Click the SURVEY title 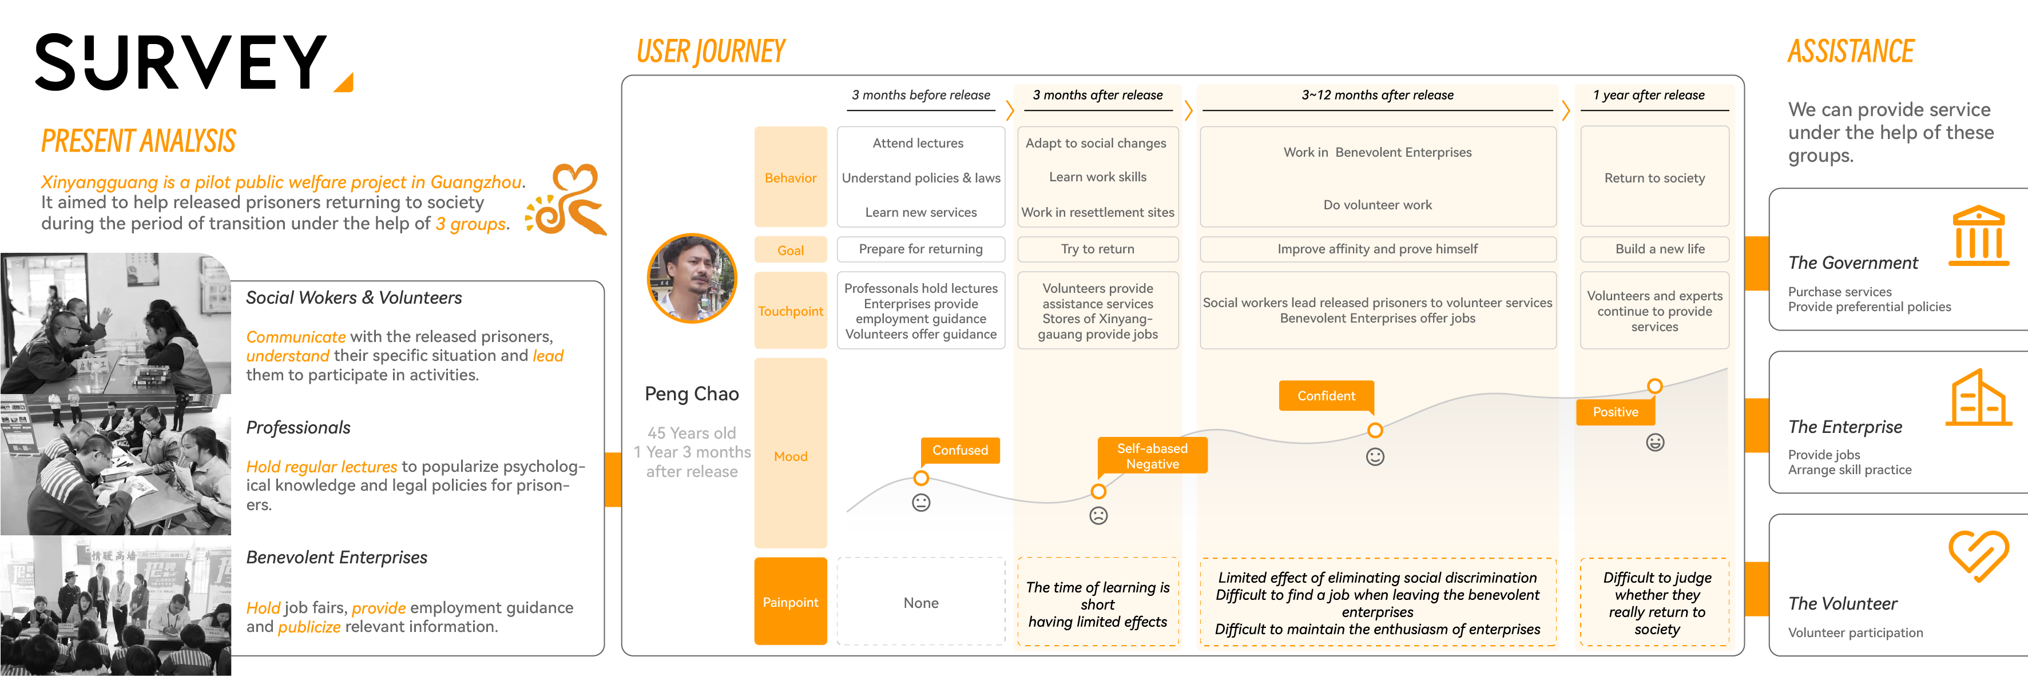(181, 62)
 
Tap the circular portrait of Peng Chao (692, 278)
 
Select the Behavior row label (791, 178)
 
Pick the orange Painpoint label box (791, 602)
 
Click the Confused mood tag (960, 450)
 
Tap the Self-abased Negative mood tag (1152, 456)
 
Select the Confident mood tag (1325, 396)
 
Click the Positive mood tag (1615, 412)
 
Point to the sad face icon (1098, 515)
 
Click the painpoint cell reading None (920, 603)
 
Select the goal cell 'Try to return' (1097, 249)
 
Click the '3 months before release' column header (920, 95)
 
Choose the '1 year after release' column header (1649, 95)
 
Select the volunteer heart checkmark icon (1977, 555)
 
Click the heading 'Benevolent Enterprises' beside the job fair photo (336, 557)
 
